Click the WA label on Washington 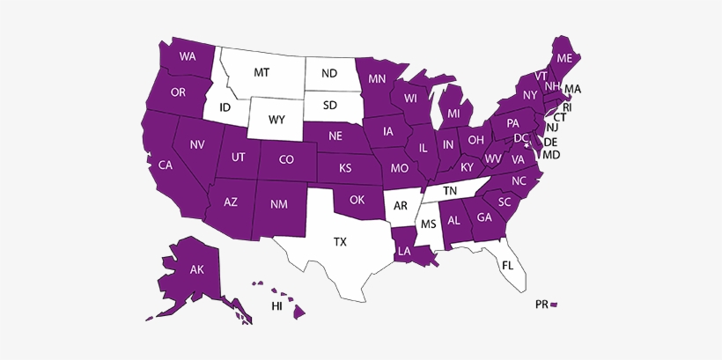[187, 57]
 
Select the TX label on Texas [340, 240]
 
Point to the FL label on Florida [508, 265]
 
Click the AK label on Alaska [197, 270]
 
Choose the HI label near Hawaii [276, 305]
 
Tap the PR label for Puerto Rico [541, 304]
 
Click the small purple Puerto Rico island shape [555, 304]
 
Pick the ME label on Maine [564, 58]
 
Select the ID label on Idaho [225, 108]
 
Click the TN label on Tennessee [450, 190]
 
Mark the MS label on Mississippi [429, 224]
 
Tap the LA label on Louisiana [404, 251]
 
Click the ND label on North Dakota [329, 74]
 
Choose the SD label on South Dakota [329, 106]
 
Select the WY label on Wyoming [277, 119]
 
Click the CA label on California [165, 165]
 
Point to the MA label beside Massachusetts [573, 89]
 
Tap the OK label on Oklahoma [357, 200]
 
